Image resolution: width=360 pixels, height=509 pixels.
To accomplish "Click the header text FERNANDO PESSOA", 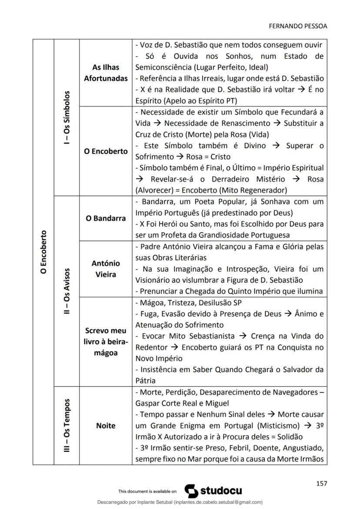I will click(x=298, y=26).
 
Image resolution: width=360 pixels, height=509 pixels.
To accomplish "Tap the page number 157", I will click(x=321, y=483).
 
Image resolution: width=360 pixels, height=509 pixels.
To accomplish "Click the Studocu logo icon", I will click(x=192, y=491).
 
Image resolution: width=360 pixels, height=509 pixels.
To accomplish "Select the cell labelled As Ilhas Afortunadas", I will click(x=106, y=73).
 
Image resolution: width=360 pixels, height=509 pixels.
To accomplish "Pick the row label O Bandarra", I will click(x=106, y=218).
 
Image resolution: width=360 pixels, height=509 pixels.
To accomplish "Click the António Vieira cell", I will click(x=106, y=269).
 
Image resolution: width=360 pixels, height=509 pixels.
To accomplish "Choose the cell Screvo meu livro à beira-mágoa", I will click(x=106, y=342).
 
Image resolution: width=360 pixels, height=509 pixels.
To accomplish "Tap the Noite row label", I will click(x=106, y=426).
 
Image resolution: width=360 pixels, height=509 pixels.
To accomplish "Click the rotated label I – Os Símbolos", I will click(x=67, y=118).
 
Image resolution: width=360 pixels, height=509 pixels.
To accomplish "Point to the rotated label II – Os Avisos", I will click(x=67, y=290).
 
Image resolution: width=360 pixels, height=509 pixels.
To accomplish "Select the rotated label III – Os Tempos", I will click(x=67, y=425).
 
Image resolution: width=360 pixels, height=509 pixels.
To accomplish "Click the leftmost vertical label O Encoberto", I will click(x=43, y=252).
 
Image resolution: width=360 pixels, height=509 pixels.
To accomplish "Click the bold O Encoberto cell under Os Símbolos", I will click(x=106, y=151).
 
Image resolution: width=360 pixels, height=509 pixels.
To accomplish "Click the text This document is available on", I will click(x=147, y=492).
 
